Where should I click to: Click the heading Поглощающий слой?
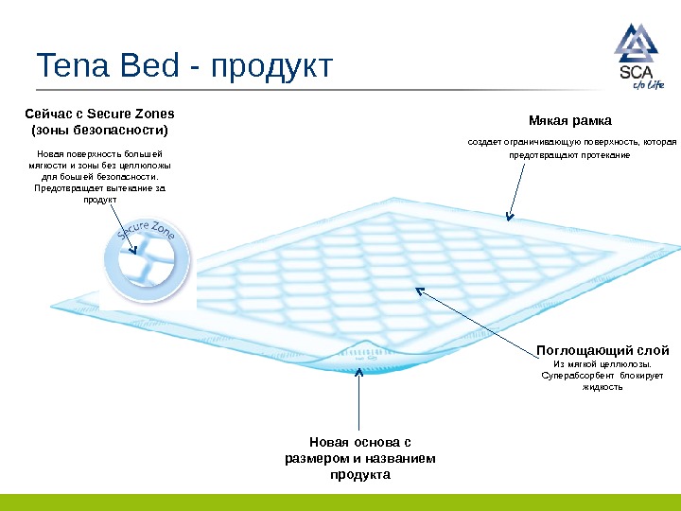tap(602, 349)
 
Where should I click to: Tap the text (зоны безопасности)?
tap(100, 129)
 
